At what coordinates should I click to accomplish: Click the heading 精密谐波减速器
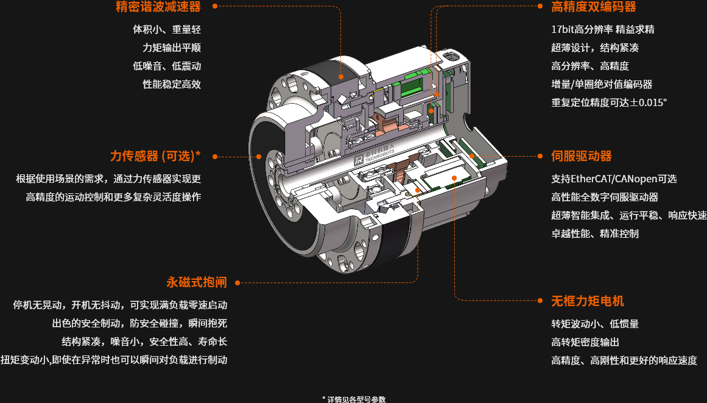point(158,7)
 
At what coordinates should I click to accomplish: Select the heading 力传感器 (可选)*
point(155,156)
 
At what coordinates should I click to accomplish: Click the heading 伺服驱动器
point(581,156)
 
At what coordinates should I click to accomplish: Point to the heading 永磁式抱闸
point(196,282)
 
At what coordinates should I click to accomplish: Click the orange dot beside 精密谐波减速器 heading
point(215,7)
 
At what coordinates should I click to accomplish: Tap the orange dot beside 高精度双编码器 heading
point(540,7)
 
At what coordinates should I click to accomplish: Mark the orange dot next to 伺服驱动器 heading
point(540,156)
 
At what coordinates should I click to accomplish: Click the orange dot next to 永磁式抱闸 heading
point(238,283)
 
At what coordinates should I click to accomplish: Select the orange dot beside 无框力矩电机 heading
point(540,301)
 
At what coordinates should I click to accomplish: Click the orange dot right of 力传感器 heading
point(215,157)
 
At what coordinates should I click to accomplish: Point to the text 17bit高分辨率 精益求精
point(602,29)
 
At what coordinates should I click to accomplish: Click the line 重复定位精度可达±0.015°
point(609,102)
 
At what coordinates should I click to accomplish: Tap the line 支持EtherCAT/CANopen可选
point(613,179)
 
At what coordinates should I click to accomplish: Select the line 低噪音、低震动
point(167,66)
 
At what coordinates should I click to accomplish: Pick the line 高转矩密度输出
point(585,342)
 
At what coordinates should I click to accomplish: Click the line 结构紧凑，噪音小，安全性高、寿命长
point(144,341)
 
